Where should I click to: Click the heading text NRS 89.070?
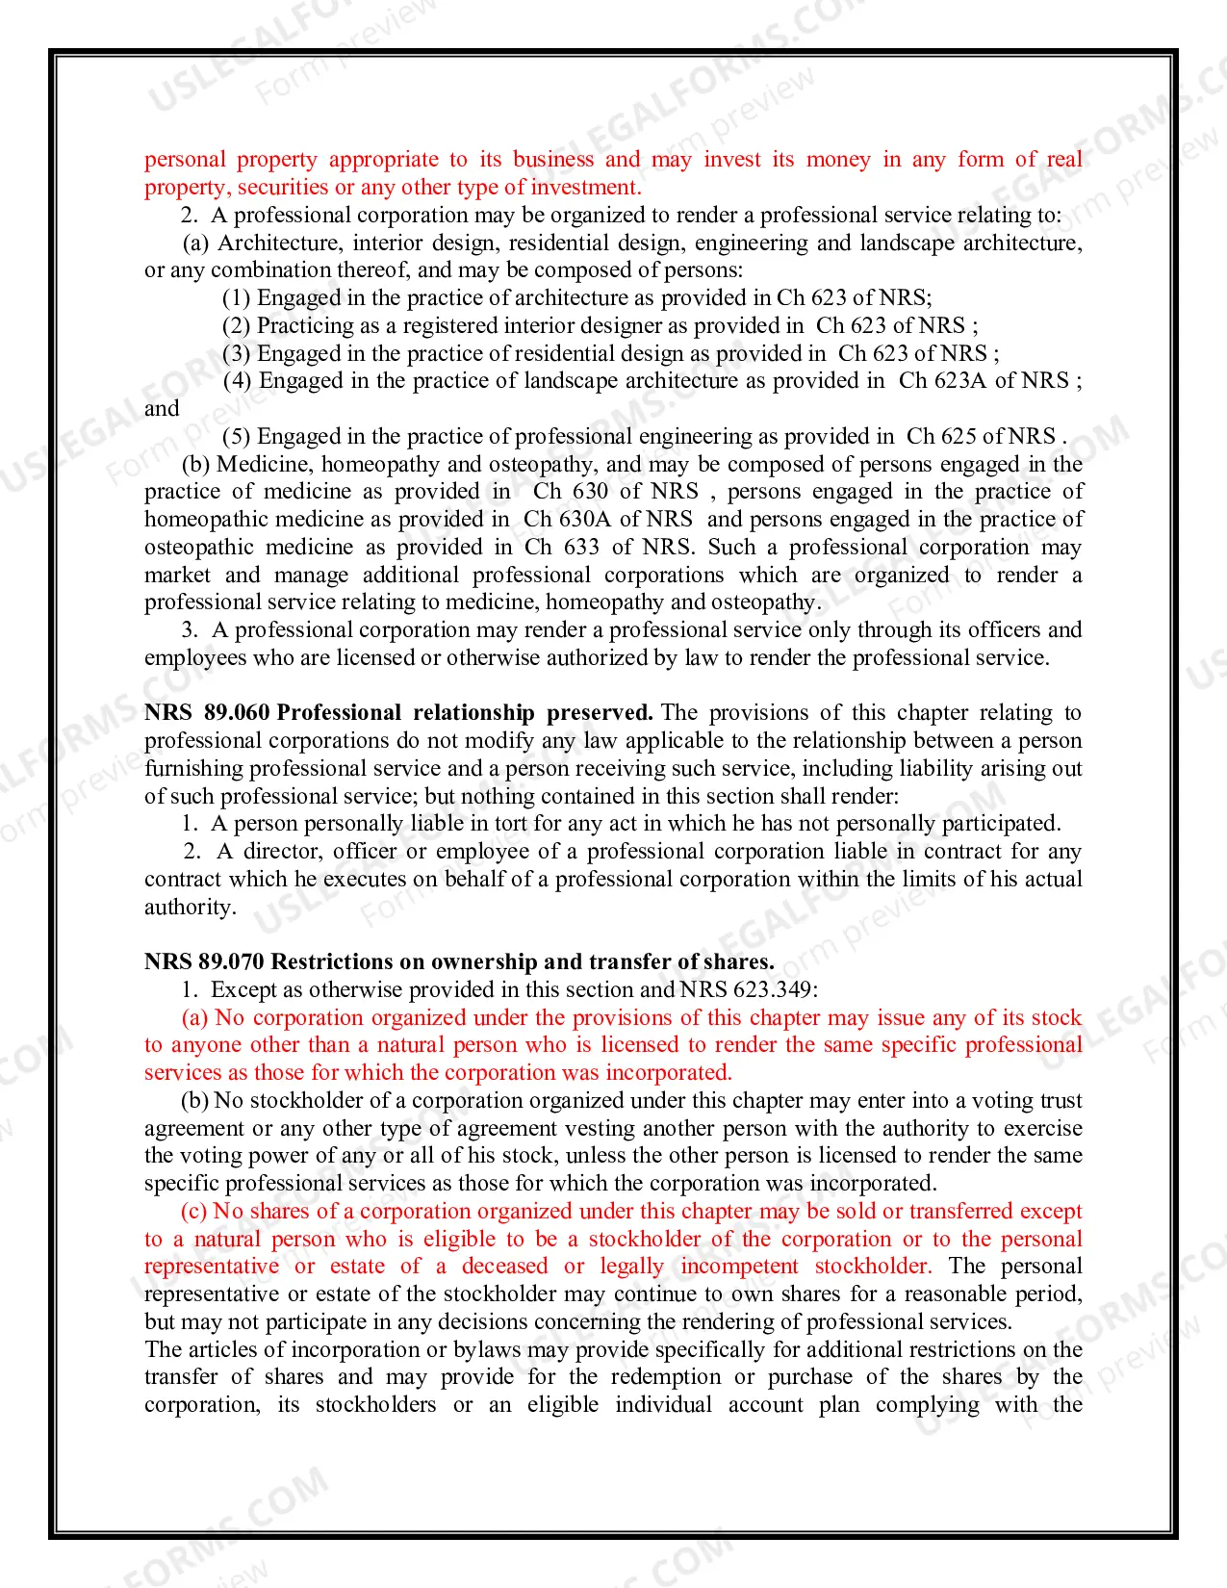(205, 962)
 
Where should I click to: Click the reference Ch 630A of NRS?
(607, 520)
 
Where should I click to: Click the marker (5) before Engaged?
(236, 437)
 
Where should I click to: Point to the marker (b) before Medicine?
(196, 465)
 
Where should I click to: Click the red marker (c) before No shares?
(194, 1212)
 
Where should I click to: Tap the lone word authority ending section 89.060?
(189, 908)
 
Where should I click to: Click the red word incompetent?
(739, 1267)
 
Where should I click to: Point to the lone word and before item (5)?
(162, 409)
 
